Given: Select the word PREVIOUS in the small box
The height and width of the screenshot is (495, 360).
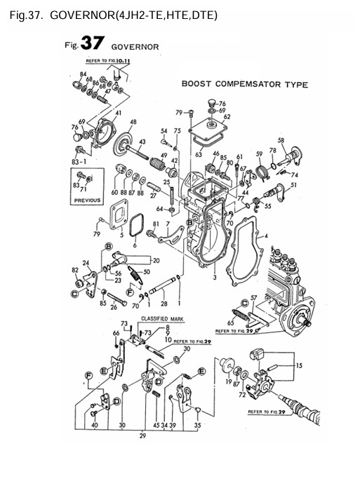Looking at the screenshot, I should point(86,200).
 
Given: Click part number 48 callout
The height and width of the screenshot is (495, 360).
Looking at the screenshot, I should point(133,122).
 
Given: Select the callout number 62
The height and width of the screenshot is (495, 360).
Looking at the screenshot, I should point(227,117).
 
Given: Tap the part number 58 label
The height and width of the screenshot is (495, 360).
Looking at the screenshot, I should point(281,141).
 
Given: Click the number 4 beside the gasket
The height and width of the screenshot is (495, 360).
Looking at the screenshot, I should point(266,238).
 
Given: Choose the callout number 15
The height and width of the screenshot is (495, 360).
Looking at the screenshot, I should point(300,365).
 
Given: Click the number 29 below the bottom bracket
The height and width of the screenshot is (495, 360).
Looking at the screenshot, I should point(143,435).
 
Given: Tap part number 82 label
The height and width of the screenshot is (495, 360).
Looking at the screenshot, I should point(75,269).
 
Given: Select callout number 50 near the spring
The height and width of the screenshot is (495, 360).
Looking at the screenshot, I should point(147,271).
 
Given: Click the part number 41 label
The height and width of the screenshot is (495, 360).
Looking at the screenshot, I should point(117,113).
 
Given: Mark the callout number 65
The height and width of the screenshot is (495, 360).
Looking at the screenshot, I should point(230,322).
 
